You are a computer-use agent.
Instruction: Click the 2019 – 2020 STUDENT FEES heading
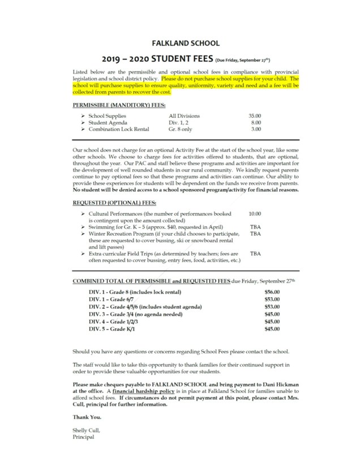(x=157, y=58)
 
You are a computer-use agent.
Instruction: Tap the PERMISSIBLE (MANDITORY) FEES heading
(x=110, y=105)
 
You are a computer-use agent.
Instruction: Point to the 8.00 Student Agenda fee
(x=256, y=122)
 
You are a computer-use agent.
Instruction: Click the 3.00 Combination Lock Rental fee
(x=256, y=129)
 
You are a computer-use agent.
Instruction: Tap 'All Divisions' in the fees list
(x=184, y=116)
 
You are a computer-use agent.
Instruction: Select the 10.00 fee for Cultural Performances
(x=255, y=214)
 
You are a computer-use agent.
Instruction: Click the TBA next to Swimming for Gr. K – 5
(x=255, y=226)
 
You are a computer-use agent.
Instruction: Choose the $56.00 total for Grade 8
(x=272, y=291)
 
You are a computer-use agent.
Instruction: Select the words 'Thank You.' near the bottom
(x=85, y=417)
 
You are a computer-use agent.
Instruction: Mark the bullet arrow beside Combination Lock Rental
(x=83, y=129)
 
